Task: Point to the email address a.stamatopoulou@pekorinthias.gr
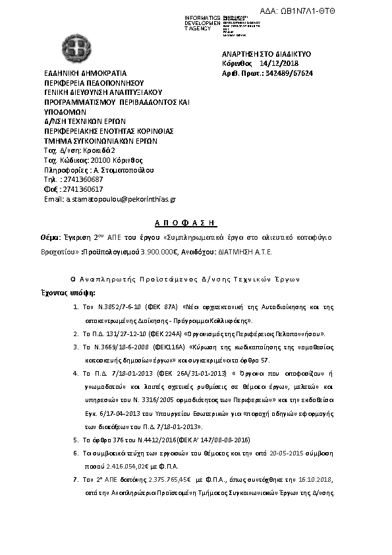(110, 198)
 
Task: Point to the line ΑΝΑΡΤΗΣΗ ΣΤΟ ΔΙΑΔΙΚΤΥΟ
(267, 53)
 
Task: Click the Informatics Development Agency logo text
(204, 22)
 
